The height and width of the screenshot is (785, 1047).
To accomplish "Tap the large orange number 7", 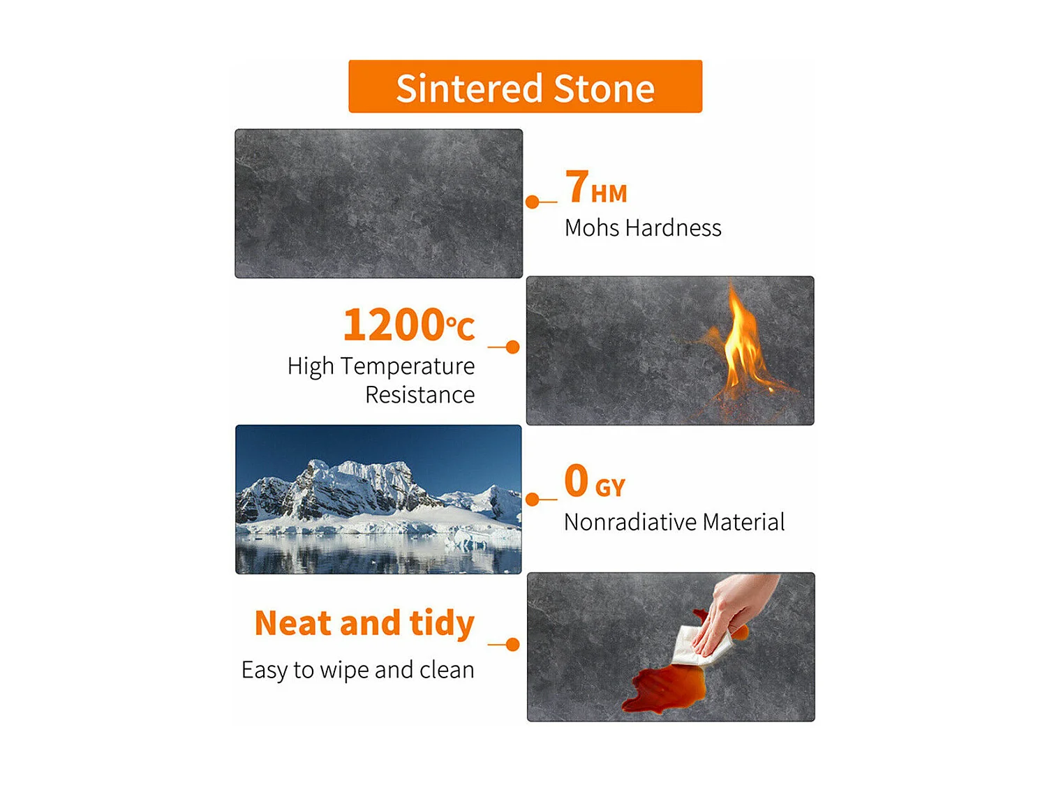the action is point(577,186).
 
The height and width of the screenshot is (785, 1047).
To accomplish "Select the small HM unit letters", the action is point(609,194).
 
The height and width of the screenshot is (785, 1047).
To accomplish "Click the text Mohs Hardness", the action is point(643,228).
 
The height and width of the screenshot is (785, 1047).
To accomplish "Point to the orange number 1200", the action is point(394,324).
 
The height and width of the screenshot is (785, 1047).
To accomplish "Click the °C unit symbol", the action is point(460,327).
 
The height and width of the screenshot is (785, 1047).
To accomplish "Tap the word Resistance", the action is point(419,395).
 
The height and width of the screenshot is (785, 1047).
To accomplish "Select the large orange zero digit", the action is point(577,480).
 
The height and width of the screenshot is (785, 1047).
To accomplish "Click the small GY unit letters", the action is point(610,488).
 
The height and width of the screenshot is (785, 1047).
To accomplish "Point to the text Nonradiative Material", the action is point(674,522).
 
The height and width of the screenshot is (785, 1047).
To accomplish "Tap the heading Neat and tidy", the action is point(364,623).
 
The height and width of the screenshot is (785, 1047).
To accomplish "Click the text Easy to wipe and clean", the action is point(358,670).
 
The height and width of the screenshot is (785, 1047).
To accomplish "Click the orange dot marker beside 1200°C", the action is point(512,347).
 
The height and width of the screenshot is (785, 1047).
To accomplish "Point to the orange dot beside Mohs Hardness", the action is point(533,202).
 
